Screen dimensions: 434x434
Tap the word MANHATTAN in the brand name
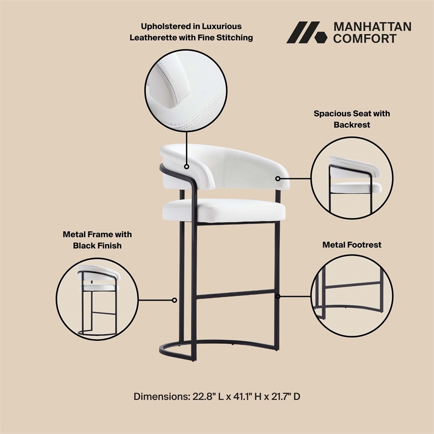(372, 27)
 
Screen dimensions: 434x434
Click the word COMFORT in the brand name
(365, 39)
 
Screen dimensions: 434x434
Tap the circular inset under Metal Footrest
(351, 295)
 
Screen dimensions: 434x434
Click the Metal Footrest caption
(352, 245)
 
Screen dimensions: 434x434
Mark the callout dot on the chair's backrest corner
(278, 178)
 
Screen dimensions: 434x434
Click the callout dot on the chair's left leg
(175, 299)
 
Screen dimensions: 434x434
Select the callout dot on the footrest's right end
(278, 296)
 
